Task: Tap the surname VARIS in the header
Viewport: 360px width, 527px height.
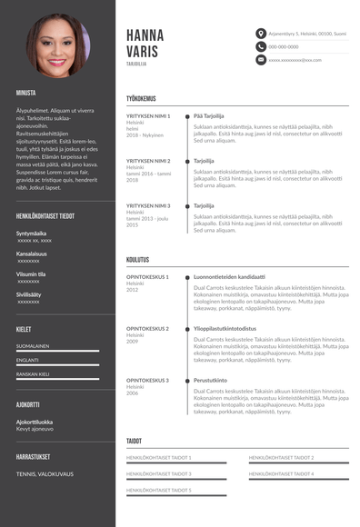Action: click(143, 52)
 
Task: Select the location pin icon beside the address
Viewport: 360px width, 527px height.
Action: click(261, 34)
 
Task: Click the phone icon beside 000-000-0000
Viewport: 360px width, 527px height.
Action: click(261, 46)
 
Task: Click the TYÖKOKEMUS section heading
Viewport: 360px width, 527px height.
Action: click(141, 98)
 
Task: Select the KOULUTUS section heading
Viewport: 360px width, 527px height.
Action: click(138, 259)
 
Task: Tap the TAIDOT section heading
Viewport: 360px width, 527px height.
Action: click(135, 441)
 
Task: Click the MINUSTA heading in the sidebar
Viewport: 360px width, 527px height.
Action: click(25, 93)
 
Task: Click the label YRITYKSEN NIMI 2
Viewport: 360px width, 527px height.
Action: click(148, 161)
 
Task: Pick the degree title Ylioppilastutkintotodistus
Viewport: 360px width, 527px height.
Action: click(225, 328)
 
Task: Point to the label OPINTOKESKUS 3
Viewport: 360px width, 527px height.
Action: click(147, 380)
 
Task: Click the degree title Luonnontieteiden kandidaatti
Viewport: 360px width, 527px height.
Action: click(229, 276)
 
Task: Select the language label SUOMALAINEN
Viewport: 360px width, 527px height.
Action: click(33, 345)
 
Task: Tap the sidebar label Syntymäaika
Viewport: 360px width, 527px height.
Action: click(31, 234)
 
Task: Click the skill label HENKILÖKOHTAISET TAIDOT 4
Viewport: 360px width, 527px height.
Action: click(281, 473)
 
